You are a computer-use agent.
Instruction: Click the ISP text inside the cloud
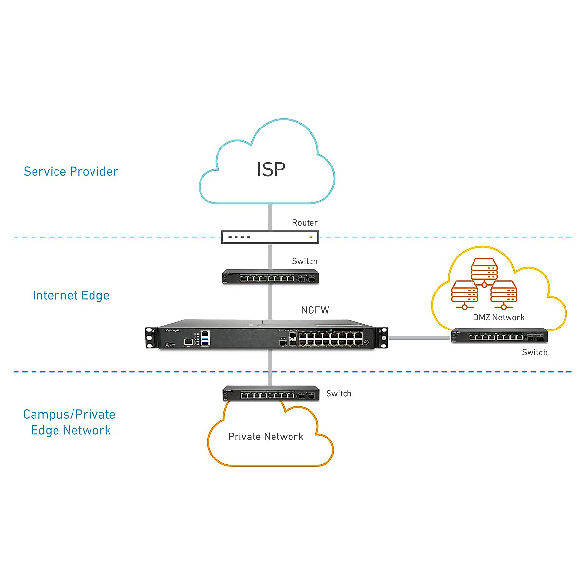271,169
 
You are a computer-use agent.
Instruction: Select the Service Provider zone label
71,171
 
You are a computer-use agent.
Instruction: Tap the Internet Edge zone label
71,295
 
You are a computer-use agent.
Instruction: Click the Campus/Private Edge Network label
70,422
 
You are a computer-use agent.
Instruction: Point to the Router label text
305,223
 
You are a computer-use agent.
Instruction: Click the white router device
270,237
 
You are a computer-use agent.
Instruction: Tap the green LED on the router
310,237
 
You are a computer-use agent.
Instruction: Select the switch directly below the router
271,277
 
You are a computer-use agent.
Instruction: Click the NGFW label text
315,310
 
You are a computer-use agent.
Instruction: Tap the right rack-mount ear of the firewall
383,337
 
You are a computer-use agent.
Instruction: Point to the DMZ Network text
499,317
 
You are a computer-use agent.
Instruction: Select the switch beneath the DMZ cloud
499,336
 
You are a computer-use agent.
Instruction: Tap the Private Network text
265,437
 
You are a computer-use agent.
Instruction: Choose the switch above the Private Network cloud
271,393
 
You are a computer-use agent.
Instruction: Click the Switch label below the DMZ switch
534,352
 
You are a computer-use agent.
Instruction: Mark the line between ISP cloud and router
270,217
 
